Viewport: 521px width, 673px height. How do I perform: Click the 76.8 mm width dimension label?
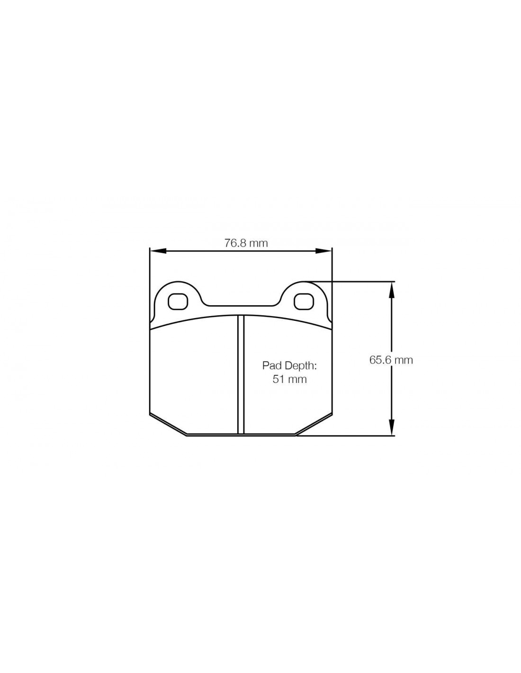click(x=246, y=243)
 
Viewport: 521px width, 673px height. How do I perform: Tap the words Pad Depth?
click(x=289, y=365)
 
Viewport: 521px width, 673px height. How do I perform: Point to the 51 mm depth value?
click(x=289, y=379)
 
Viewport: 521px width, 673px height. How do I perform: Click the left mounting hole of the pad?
click(x=178, y=301)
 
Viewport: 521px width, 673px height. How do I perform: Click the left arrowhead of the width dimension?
click(x=158, y=251)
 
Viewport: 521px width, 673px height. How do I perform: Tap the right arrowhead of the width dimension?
click(x=323, y=251)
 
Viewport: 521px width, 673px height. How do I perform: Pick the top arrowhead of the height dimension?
click(x=391, y=290)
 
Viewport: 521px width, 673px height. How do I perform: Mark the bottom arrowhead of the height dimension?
click(x=391, y=427)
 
